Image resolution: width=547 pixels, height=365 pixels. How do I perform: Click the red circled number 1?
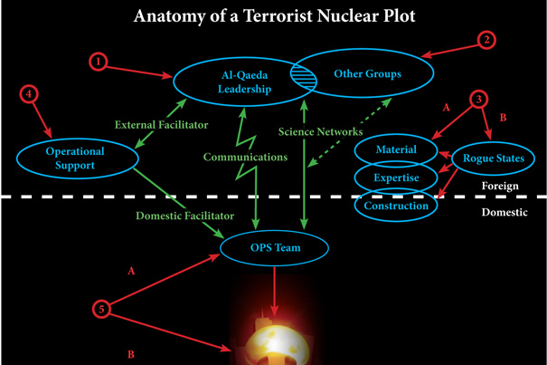[99, 61]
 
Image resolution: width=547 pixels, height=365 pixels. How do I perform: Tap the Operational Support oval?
[74, 158]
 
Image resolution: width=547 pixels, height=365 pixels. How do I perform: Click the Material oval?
[394, 150]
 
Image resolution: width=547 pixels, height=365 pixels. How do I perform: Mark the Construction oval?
[395, 207]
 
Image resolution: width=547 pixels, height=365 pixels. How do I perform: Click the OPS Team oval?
[275, 247]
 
